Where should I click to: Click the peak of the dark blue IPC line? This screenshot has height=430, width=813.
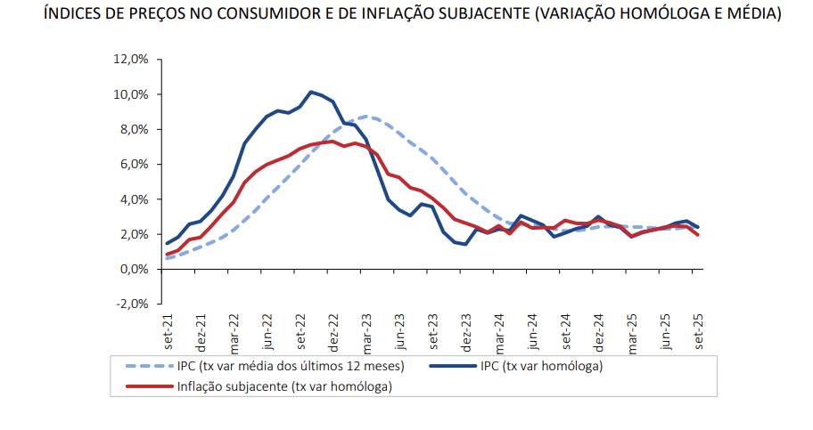coord(311,92)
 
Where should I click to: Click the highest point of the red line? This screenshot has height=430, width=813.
coord(332,142)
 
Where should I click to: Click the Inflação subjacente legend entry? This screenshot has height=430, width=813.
coord(284,386)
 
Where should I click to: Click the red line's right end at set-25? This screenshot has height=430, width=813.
coord(698,235)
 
